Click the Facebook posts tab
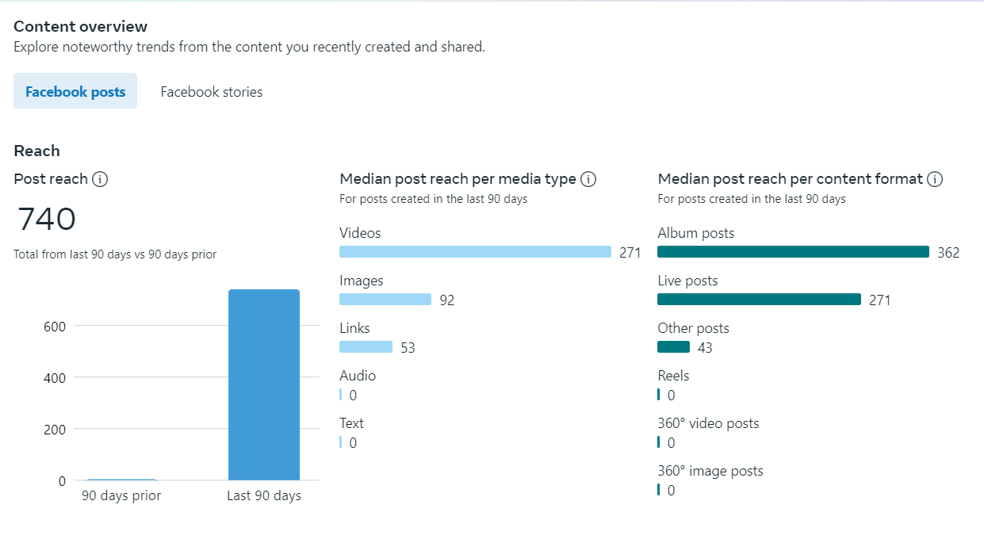(x=75, y=92)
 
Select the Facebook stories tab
(x=211, y=92)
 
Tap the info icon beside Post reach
(x=100, y=179)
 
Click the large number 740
(x=47, y=220)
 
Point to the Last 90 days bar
(x=264, y=384)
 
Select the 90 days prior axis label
(x=121, y=496)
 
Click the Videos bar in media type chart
(x=475, y=252)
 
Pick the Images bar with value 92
(x=385, y=300)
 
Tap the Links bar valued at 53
(x=366, y=347)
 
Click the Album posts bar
(x=793, y=252)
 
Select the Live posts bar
(x=759, y=300)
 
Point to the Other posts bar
(x=673, y=347)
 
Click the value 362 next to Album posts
(x=948, y=253)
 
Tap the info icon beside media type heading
(x=588, y=179)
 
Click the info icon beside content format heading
(x=935, y=179)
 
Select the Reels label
(x=673, y=376)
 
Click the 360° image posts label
(x=710, y=471)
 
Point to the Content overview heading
(x=81, y=27)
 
